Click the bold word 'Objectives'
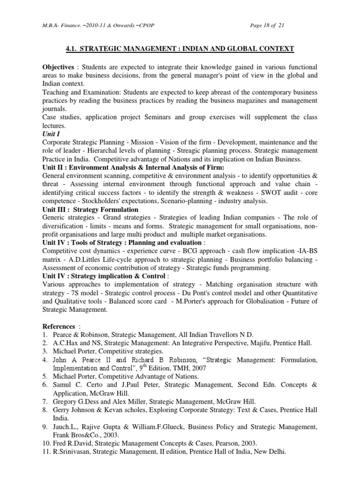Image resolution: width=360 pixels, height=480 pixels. point(58,67)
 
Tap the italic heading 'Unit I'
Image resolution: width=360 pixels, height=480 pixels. point(52,134)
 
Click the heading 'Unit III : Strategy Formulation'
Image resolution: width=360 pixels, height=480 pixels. point(90,210)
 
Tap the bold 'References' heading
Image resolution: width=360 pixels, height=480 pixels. point(59,326)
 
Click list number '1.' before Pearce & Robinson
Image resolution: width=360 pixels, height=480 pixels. point(45,335)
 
